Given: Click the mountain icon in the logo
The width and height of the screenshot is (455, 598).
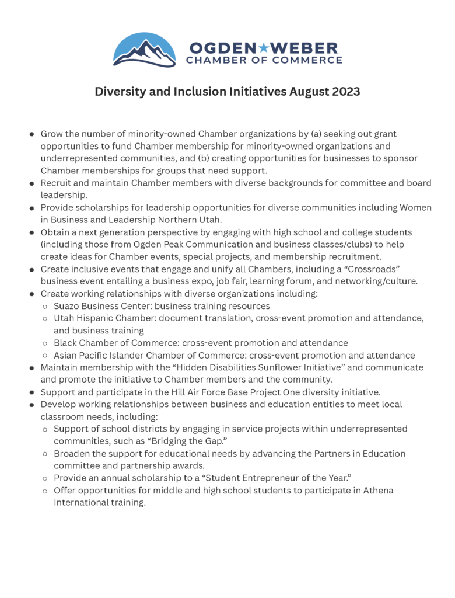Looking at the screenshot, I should [143, 50].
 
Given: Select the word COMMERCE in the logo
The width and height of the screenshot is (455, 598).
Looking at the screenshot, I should [312, 60].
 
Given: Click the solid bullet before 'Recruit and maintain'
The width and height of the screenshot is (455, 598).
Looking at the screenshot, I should [32, 183].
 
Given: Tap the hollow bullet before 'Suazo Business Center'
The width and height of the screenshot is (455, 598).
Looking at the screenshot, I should [45, 306].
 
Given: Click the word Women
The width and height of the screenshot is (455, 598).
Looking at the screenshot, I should [415, 208].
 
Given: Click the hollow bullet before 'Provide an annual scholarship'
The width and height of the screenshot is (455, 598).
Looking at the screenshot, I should [45, 478].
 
